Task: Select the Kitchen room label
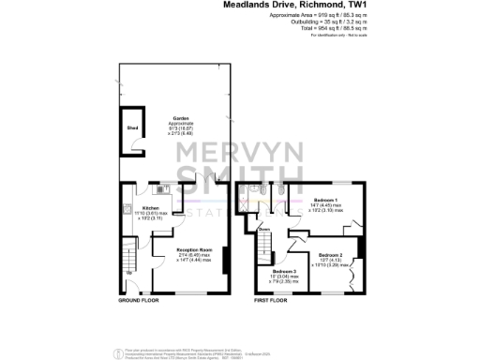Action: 152,208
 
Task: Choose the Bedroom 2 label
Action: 330,255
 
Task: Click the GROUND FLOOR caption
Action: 138,302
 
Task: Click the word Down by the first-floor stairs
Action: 264,230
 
